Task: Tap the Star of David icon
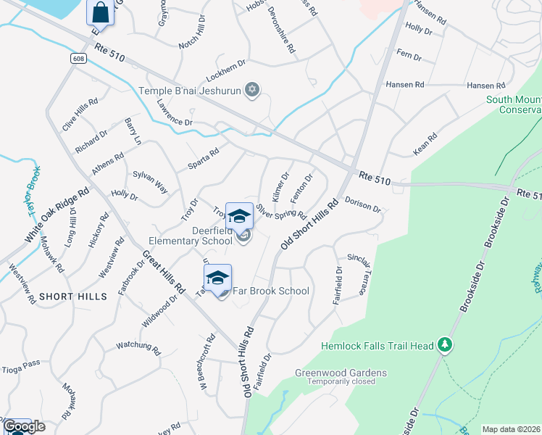point(252,90)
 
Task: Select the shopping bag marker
point(100,13)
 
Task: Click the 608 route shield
point(79,58)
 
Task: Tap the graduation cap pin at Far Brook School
point(217,279)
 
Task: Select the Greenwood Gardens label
point(340,373)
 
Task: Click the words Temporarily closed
point(341,381)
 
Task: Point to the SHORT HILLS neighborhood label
point(73,297)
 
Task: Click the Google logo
point(23,426)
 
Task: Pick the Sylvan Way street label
point(151,182)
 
